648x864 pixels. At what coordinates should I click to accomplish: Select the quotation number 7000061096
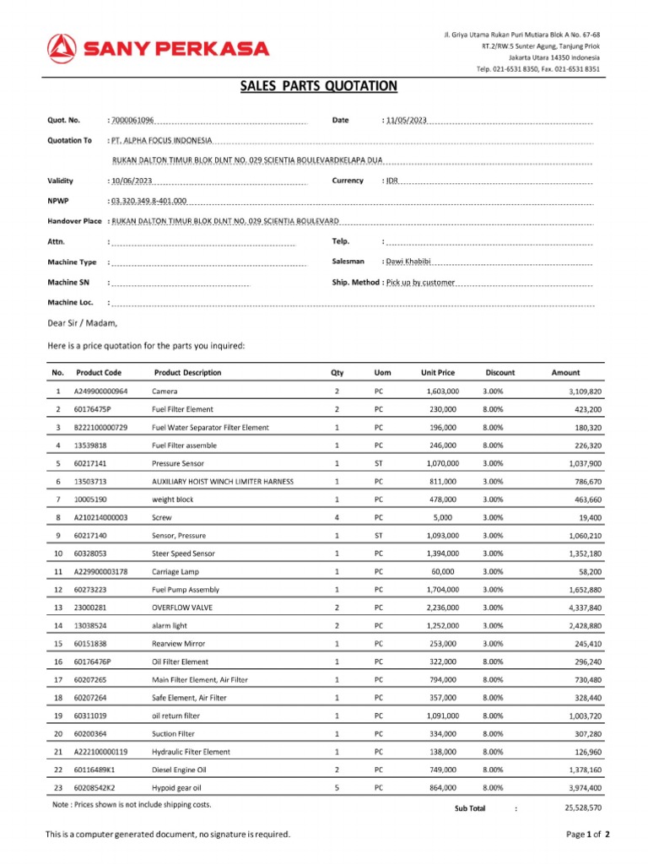click(x=132, y=121)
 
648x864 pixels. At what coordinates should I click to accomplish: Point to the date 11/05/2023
click(x=406, y=121)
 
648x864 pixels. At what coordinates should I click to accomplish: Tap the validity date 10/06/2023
click(x=132, y=181)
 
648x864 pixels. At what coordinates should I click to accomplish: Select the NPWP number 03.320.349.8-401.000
click(x=149, y=202)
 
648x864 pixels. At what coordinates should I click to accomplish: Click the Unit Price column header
click(x=438, y=372)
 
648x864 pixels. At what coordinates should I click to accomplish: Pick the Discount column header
click(x=499, y=372)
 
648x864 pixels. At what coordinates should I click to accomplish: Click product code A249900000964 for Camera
click(x=100, y=391)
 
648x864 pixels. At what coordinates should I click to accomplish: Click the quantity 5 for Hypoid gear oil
click(x=337, y=788)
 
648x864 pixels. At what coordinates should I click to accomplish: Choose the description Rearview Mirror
click(x=179, y=644)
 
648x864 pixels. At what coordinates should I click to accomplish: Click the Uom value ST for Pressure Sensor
click(x=379, y=463)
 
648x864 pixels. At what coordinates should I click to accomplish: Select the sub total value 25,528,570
click(x=582, y=807)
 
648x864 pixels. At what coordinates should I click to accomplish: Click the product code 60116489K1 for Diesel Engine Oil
click(x=95, y=769)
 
